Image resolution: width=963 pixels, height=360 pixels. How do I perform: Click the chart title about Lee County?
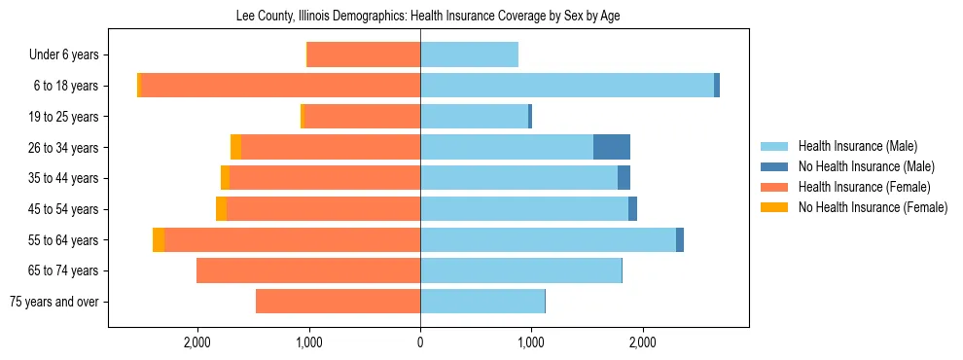pyautogui.click(x=428, y=17)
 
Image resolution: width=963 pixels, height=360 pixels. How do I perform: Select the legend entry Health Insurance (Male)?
pyautogui.click(x=857, y=146)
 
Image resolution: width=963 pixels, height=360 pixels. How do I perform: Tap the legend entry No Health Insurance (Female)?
pyautogui.click(x=873, y=207)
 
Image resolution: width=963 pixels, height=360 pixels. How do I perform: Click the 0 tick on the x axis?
pyautogui.click(x=420, y=342)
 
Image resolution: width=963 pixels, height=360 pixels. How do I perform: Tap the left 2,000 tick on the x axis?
pyautogui.click(x=197, y=342)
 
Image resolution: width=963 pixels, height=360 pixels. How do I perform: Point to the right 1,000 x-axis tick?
pyautogui.click(x=531, y=342)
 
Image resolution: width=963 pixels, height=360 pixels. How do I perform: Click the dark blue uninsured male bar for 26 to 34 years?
pyautogui.click(x=612, y=147)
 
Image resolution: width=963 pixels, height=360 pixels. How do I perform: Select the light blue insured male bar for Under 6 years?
pyautogui.click(x=469, y=54)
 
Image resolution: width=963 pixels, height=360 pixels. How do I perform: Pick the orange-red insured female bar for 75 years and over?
pyautogui.click(x=338, y=302)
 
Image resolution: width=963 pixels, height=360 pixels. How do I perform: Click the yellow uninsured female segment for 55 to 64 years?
pyautogui.click(x=159, y=240)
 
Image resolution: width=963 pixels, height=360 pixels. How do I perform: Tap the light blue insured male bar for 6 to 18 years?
pyautogui.click(x=567, y=86)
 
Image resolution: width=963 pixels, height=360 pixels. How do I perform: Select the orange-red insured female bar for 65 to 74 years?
pyautogui.click(x=308, y=270)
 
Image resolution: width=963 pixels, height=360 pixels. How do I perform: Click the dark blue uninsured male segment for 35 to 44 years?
pyautogui.click(x=624, y=178)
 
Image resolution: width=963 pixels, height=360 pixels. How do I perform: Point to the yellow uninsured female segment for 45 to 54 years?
pyautogui.click(x=221, y=209)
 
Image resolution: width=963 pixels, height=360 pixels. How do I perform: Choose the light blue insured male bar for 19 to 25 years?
pyautogui.click(x=474, y=117)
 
